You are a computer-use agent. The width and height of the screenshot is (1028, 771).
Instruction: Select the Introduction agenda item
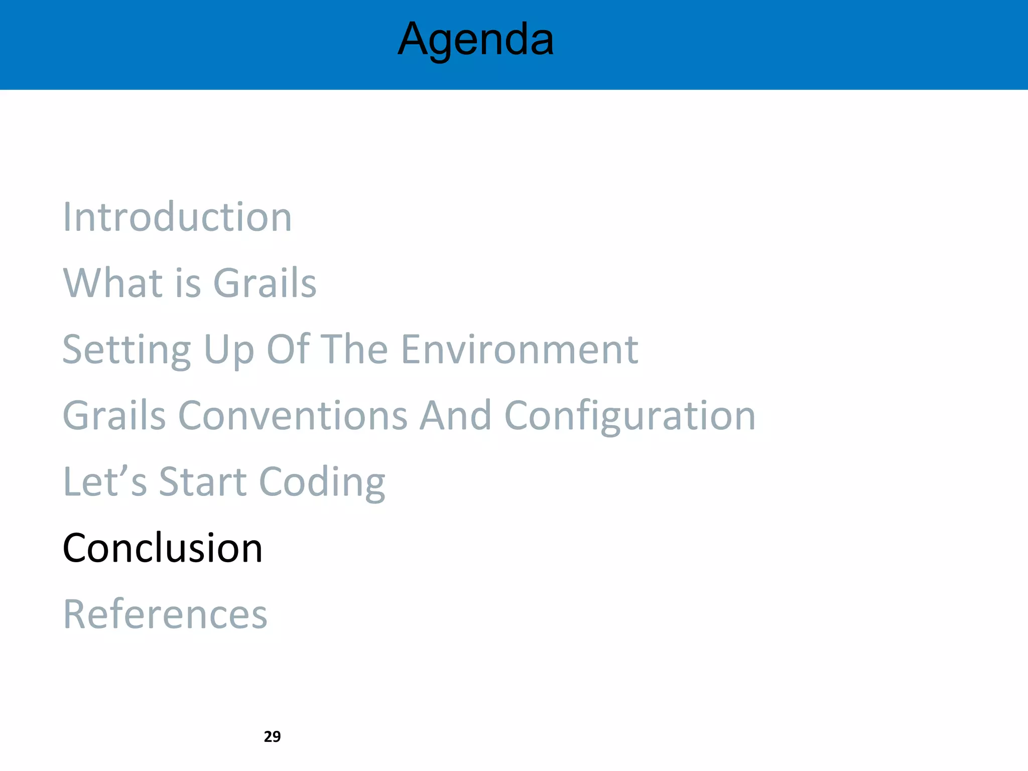[x=177, y=217]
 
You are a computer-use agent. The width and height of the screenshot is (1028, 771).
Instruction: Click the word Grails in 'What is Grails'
[x=265, y=283]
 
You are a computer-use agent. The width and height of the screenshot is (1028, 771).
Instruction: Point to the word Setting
[x=126, y=350]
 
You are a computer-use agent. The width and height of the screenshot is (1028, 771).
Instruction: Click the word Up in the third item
[x=229, y=350]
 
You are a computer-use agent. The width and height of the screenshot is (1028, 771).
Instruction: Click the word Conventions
[x=293, y=416]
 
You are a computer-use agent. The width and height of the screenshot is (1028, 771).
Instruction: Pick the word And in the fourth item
[x=455, y=416]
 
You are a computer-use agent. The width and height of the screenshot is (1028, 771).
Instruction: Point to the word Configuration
[x=629, y=417]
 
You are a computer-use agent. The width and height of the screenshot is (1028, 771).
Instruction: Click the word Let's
[x=105, y=481]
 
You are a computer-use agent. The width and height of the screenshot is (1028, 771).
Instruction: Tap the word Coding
[x=322, y=482]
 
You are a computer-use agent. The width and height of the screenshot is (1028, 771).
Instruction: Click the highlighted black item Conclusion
[x=162, y=548]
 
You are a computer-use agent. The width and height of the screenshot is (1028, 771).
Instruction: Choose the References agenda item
[x=165, y=614]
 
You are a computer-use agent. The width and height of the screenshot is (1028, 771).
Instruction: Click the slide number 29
[x=272, y=736]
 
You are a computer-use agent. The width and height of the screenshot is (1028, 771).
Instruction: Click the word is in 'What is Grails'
[x=188, y=283]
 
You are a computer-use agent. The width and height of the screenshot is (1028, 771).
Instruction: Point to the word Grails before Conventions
[x=114, y=416]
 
